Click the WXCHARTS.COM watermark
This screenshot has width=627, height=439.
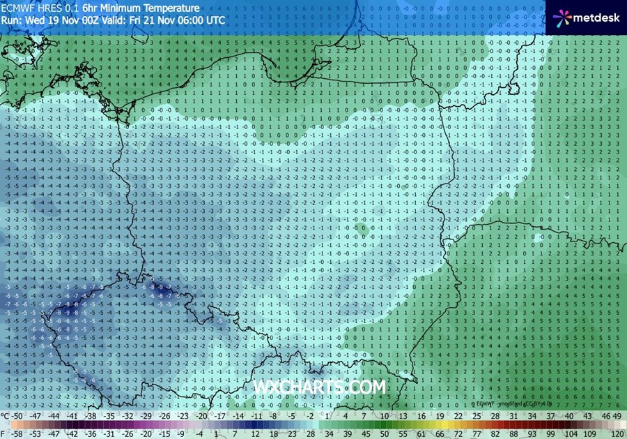coord(320,387)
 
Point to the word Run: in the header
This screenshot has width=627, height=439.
coord(10,20)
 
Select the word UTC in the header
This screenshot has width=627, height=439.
coord(215,20)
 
